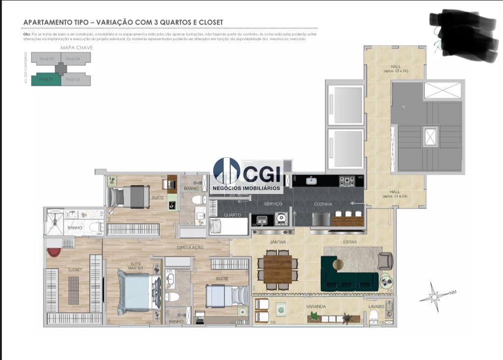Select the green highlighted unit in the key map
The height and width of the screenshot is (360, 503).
click(x=46, y=80)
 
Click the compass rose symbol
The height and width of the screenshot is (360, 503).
click(x=434, y=297)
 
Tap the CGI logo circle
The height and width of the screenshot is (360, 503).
click(x=226, y=170)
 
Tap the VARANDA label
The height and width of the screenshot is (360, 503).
click(x=316, y=306)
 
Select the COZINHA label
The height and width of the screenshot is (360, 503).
click(x=323, y=204)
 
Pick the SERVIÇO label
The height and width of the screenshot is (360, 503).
click(x=273, y=204)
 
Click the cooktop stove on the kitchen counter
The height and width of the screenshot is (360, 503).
click(x=347, y=181)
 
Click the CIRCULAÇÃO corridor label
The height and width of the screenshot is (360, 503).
click(x=190, y=248)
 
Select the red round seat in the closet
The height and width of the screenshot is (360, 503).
click(x=54, y=252)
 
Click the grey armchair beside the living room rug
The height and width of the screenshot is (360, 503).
click(x=385, y=261)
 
